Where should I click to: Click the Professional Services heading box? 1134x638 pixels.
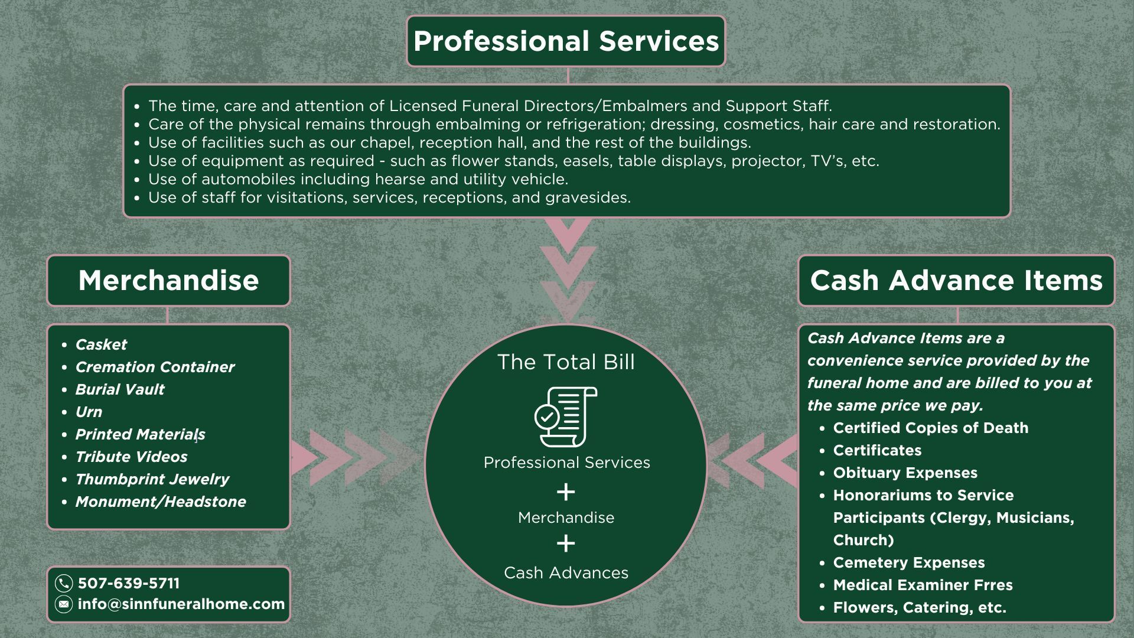click(566, 41)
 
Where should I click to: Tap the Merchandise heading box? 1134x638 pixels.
click(168, 281)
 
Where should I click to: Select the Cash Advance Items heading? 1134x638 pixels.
click(956, 281)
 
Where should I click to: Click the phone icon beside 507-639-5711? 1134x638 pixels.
click(64, 584)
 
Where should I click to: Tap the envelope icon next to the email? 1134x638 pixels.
click(64, 604)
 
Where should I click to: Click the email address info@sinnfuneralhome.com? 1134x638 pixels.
click(181, 604)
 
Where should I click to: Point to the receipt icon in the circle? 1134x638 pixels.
click(566, 417)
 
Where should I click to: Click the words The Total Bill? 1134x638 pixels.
click(566, 362)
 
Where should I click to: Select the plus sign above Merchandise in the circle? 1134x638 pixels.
click(566, 491)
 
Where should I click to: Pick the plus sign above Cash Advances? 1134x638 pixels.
click(566, 543)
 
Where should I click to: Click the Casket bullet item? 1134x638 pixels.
click(101, 344)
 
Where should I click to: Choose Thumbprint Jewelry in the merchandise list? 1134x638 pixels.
click(152, 479)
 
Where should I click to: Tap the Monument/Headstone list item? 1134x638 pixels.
click(161, 502)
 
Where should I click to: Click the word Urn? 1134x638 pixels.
click(89, 412)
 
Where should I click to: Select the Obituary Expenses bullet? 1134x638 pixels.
click(905, 473)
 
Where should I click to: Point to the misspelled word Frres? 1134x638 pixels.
click(992, 585)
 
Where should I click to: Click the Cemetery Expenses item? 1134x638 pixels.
click(909, 563)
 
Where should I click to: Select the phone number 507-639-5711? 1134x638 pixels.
click(129, 584)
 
